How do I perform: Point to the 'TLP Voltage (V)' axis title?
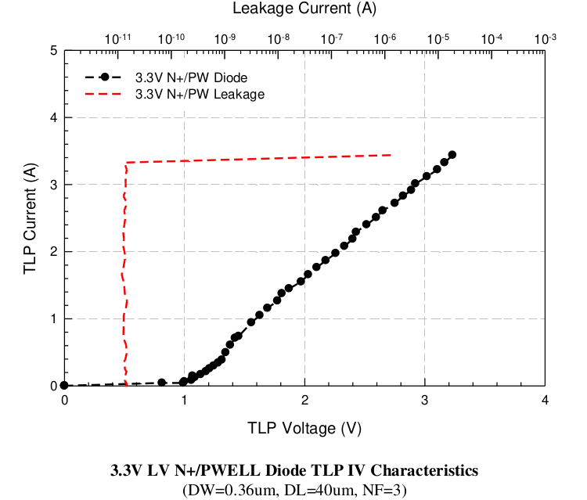click(x=304, y=428)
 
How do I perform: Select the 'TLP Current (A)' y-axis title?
click(x=30, y=218)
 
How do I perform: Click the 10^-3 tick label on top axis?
click(x=545, y=38)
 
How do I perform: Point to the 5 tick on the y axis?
click(x=52, y=51)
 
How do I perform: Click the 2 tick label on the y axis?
click(x=52, y=252)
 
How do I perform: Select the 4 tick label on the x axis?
click(x=545, y=401)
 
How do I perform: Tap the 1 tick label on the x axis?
click(x=184, y=401)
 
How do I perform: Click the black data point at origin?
click(x=64, y=386)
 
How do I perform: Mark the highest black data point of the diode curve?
click(x=452, y=155)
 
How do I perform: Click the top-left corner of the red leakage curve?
click(x=126, y=163)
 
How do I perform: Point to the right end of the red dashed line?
click(x=390, y=155)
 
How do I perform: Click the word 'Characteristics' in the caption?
click(x=423, y=471)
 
